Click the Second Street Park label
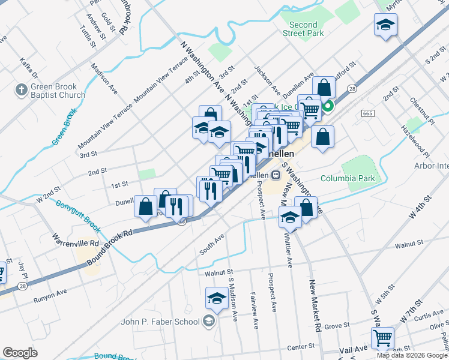(303, 29)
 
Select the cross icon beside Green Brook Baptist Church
(21, 91)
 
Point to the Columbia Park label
(348, 178)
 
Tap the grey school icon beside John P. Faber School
(208, 322)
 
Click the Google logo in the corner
(20, 352)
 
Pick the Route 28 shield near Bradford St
(351, 88)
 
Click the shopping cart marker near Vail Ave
(382, 337)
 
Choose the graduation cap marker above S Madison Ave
(217, 298)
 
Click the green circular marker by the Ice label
(328, 108)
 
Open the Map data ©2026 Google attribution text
(412, 355)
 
